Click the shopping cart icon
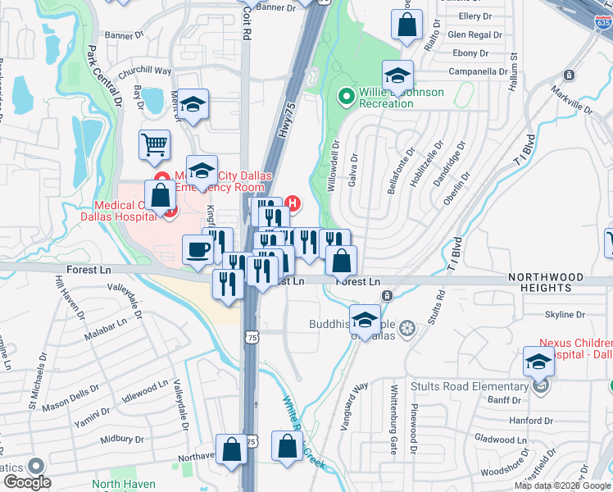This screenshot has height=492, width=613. pos(154,145)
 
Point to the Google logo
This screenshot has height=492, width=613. pos(26,482)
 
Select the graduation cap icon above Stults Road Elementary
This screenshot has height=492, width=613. pos(538,360)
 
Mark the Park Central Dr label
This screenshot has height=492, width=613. pos(105,77)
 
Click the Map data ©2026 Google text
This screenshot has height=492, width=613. pos(561,485)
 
